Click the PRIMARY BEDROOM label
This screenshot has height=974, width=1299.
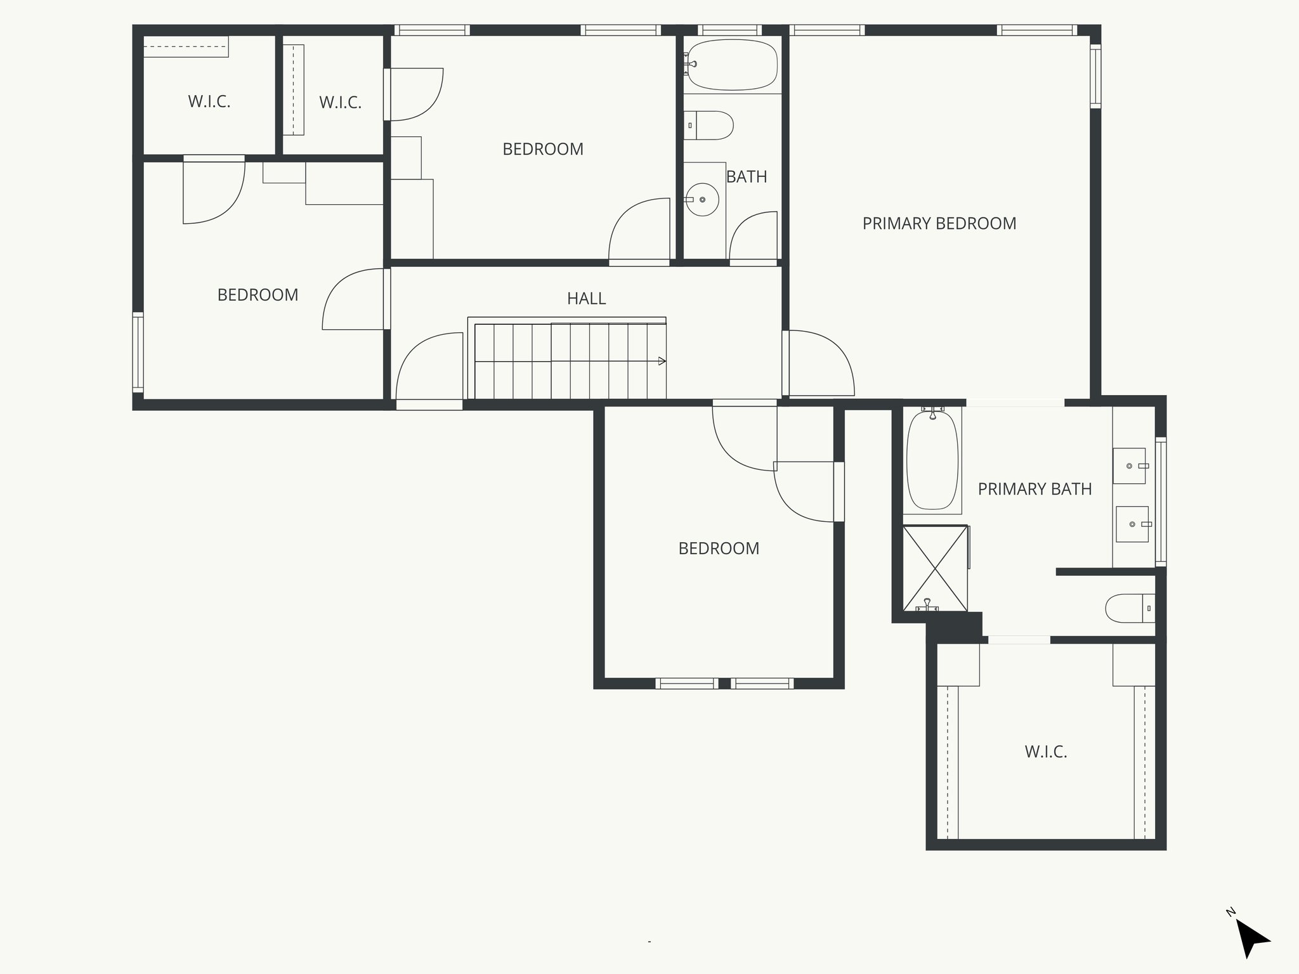[939, 223]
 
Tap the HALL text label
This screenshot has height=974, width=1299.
[586, 298]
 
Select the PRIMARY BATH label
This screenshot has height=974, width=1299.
[1035, 489]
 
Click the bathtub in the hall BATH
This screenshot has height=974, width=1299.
[733, 64]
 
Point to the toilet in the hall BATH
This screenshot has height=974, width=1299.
[710, 126]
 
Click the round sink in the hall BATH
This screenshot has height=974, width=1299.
[702, 200]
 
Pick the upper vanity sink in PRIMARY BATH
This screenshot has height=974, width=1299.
[1130, 466]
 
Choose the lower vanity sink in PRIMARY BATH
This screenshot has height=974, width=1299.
[1132, 524]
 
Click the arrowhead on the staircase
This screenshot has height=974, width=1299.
[662, 361]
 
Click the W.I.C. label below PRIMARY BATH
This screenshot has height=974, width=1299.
[1046, 752]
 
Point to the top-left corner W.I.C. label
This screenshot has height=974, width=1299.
[209, 101]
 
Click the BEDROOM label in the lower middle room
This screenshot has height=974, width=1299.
[718, 549]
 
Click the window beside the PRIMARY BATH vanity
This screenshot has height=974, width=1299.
[1160, 501]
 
